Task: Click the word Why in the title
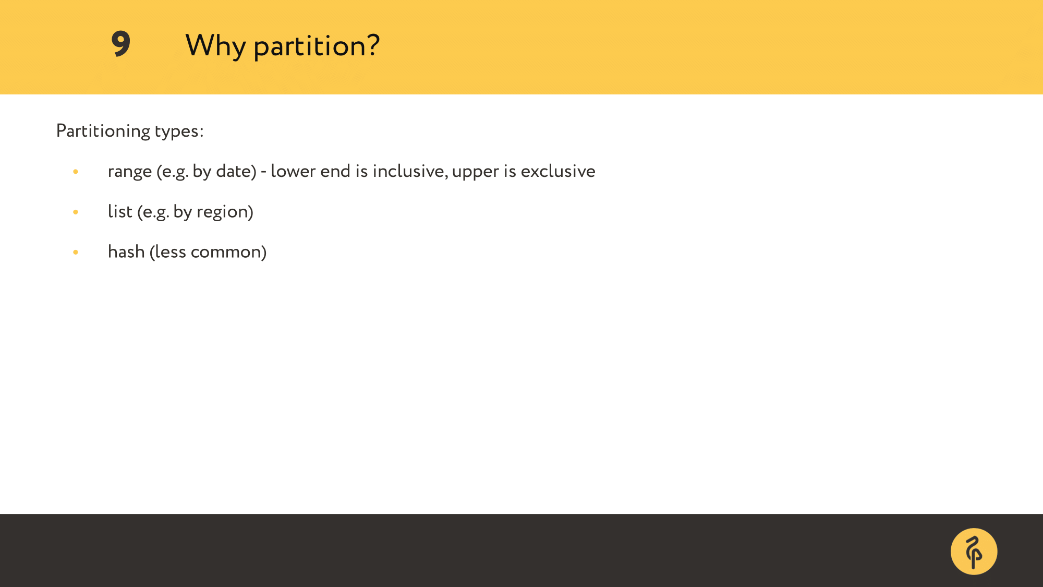coord(215,46)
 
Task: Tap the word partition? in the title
coord(317,46)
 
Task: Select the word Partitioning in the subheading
coord(103,131)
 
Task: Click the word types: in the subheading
coord(179,131)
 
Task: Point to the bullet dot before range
coord(76,172)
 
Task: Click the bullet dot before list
coord(76,212)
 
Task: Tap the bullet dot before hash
coord(76,252)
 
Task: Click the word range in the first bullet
coord(130,172)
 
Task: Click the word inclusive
coord(410,171)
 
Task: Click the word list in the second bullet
coord(120,211)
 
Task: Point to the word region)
coord(225,212)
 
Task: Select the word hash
coord(126,251)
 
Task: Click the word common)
coord(228,252)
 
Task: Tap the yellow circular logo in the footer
coord(974,552)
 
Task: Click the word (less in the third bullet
coord(168,251)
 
